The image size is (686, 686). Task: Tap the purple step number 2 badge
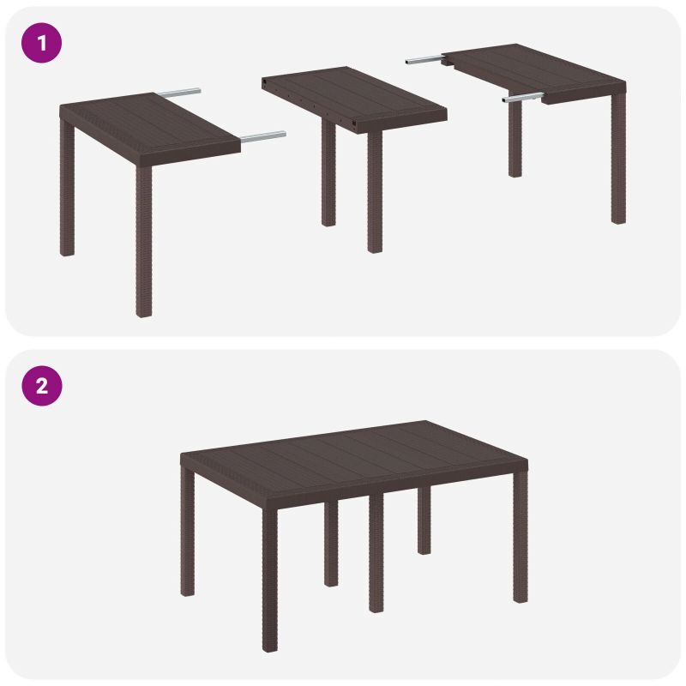(x=40, y=387)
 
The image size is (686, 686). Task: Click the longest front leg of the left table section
(x=143, y=240)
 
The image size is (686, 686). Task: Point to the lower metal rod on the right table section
(x=523, y=99)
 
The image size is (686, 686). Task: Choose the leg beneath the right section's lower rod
(x=514, y=141)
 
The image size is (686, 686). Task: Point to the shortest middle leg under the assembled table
(x=424, y=523)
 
